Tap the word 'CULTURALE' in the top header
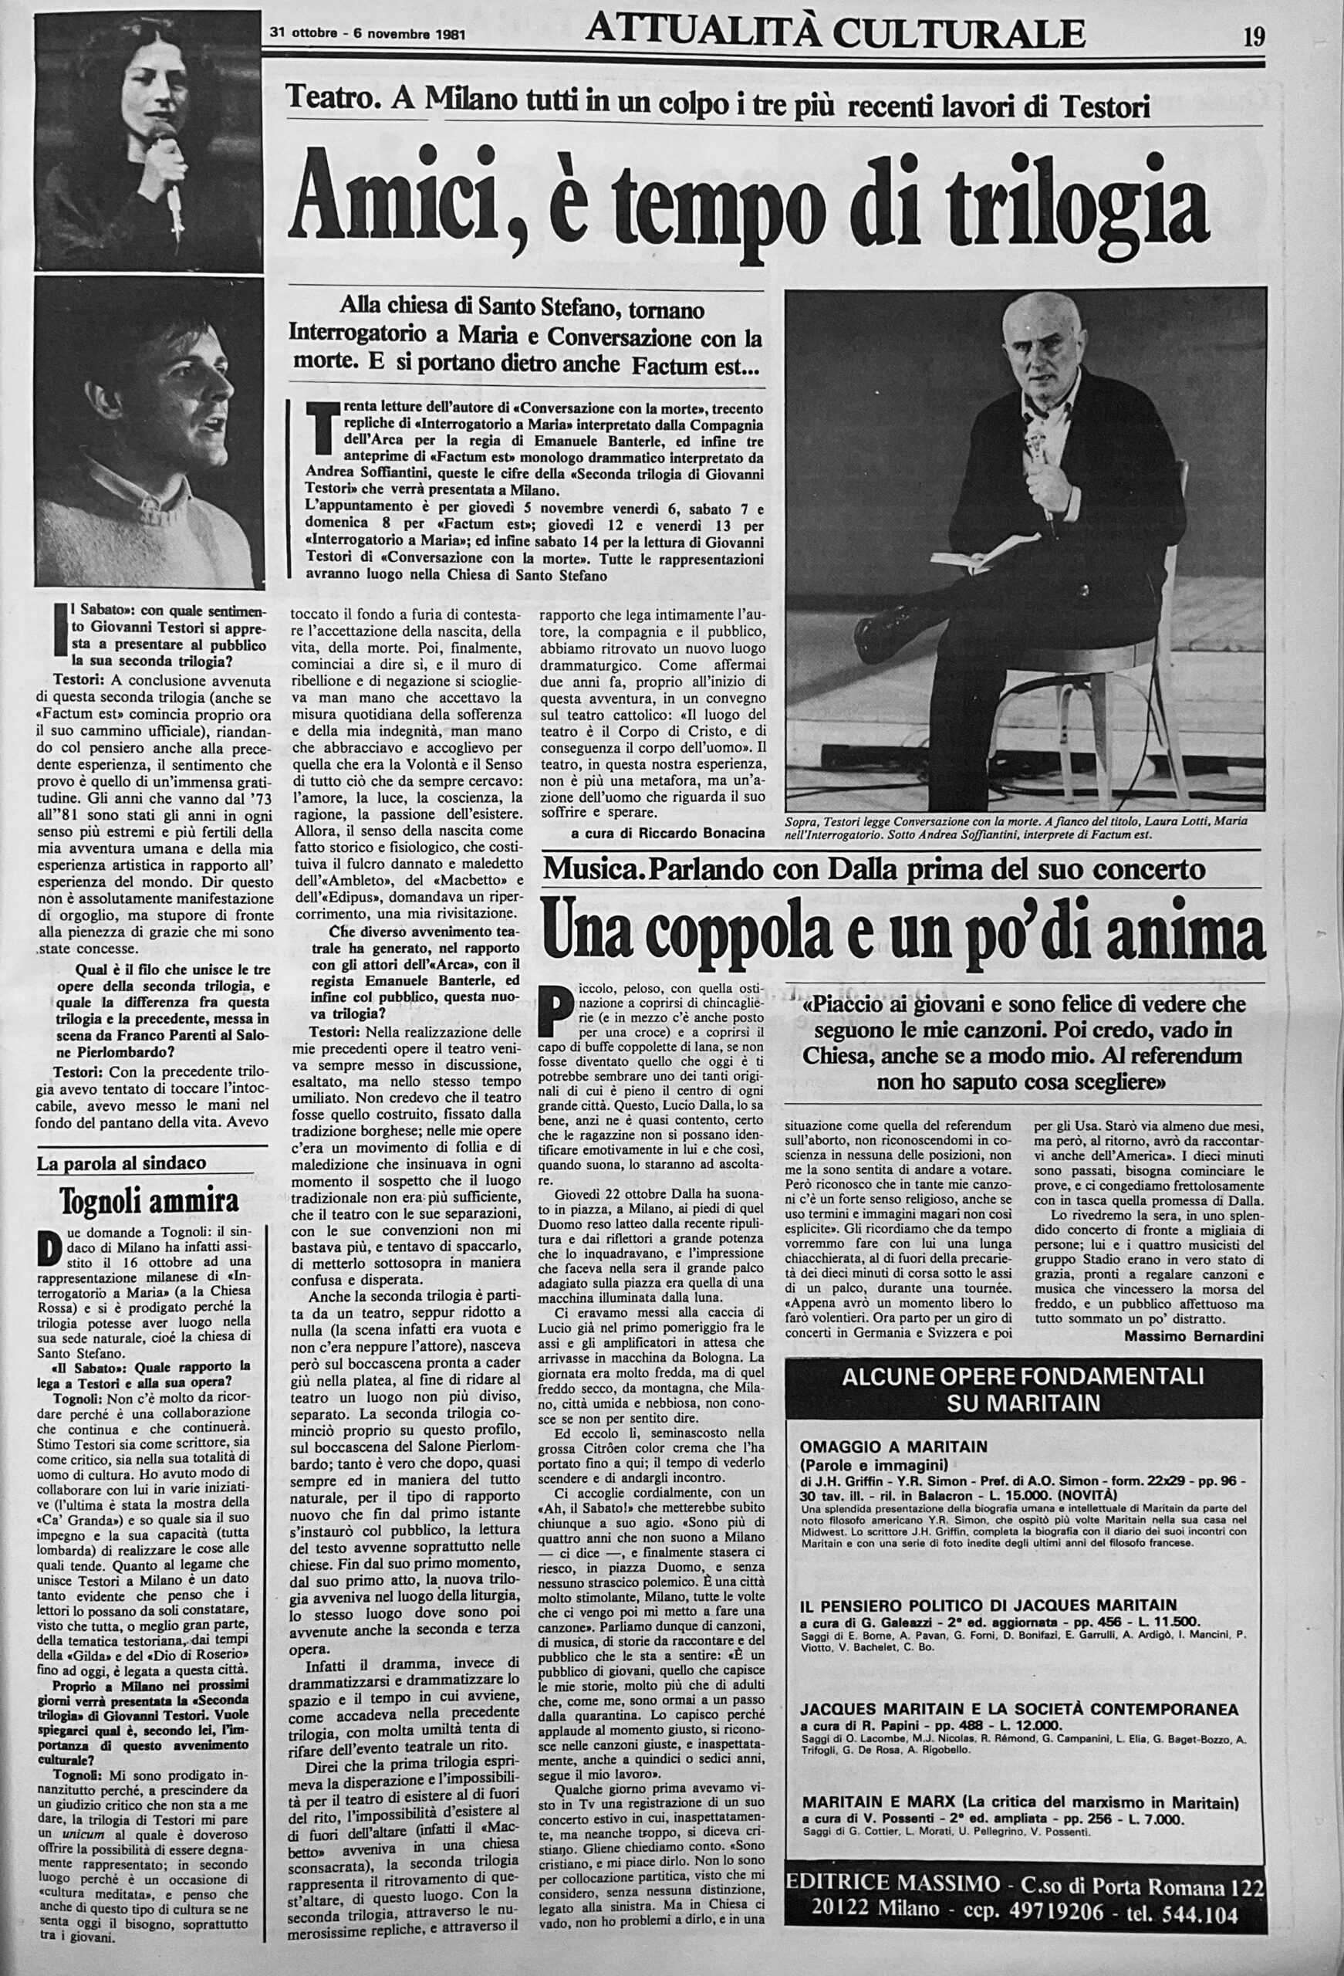point(960,34)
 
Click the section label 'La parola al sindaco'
point(122,1164)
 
